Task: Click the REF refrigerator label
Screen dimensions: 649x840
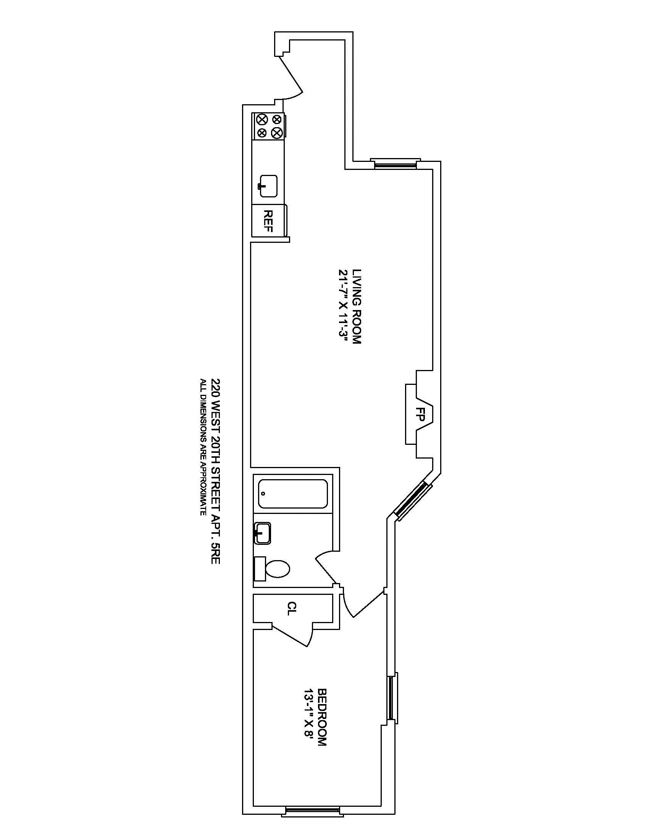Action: [268, 221]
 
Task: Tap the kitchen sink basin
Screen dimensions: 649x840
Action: [269, 186]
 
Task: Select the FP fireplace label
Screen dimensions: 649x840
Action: [421, 414]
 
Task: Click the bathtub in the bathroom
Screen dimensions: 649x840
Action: [292, 493]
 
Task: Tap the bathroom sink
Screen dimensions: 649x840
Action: [262, 533]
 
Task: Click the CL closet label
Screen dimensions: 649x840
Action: [292, 609]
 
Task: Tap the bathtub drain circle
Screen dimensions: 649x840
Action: [263, 493]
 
